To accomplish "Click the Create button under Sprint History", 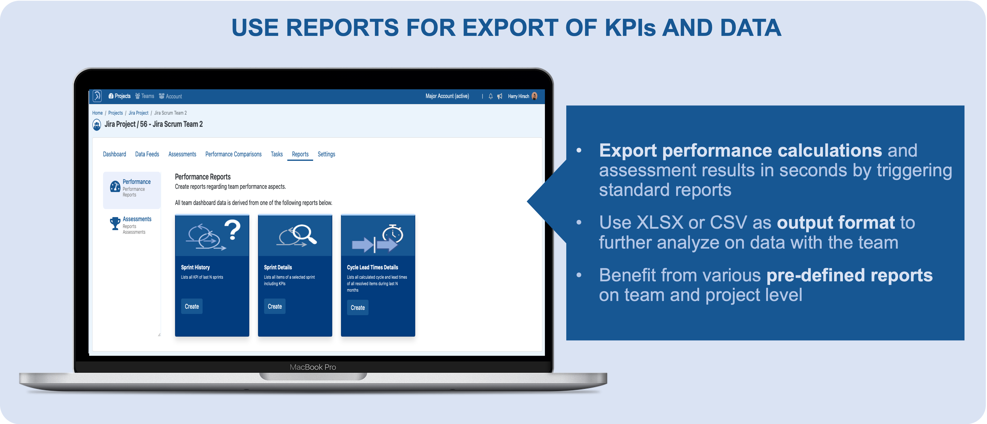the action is [x=192, y=306].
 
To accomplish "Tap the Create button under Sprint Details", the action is [x=275, y=306].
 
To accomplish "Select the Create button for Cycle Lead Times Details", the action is [x=357, y=308].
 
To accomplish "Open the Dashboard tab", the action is [x=115, y=154].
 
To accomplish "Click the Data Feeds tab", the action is [x=147, y=154].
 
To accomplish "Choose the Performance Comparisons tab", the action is [x=233, y=154].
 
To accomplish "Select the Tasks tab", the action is [x=277, y=154].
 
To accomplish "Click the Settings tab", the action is [x=326, y=154].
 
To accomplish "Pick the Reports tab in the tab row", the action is [x=300, y=154].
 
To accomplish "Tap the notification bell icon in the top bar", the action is [x=491, y=97].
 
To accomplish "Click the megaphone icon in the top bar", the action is [x=500, y=97].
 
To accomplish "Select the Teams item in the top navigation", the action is [x=145, y=96].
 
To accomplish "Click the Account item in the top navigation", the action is [x=171, y=96].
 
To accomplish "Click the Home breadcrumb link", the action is [x=97, y=113].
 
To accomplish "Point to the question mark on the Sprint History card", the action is [x=232, y=230].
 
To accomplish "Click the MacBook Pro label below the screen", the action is [x=313, y=367].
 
